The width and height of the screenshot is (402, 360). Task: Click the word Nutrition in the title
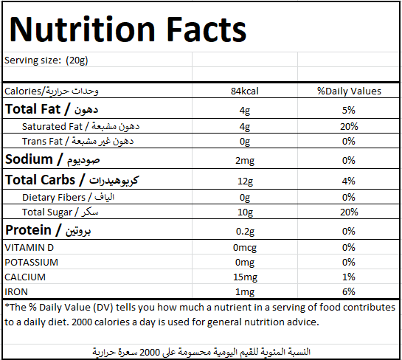pos(83,29)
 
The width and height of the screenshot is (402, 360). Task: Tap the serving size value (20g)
pos(77,60)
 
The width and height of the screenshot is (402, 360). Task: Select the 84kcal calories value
pos(245,91)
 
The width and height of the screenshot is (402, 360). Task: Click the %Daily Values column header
pos(349,91)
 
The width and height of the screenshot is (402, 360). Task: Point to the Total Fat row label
pos(52,109)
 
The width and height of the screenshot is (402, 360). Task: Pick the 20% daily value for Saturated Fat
pos(349,126)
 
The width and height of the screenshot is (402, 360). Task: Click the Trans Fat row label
pos(77,142)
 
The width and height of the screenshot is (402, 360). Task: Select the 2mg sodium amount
pos(245,161)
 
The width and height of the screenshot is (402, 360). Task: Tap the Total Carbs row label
pos(72,180)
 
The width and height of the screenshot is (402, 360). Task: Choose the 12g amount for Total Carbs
pos(245,181)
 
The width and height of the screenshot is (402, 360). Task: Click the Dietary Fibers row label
pos(68,197)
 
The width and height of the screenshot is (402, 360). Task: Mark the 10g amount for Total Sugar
pos(245,212)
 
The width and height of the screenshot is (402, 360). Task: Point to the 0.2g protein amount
pos(245,232)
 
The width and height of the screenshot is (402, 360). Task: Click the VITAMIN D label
pos(30,248)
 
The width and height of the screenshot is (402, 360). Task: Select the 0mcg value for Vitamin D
pos(245,248)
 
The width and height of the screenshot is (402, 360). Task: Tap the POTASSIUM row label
pos(32,263)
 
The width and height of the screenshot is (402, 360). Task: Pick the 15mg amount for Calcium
pos(245,277)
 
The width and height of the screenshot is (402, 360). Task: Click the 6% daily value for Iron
pos(349,292)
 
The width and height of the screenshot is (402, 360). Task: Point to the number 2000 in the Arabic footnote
pos(150,353)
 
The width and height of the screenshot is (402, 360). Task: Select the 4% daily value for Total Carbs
pos(349,181)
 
